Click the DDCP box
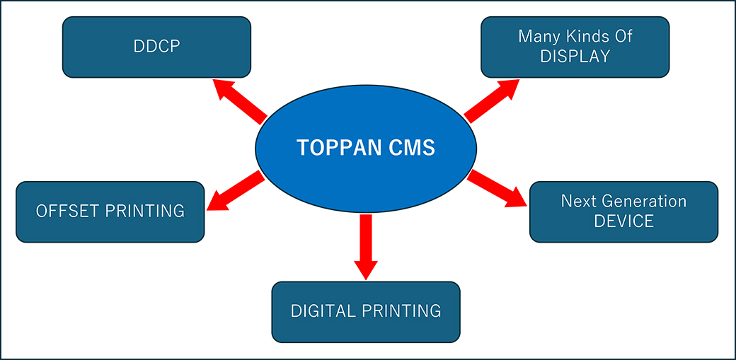pyautogui.click(x=156, y=47)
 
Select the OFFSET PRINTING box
pyautogui.click(x=110, y=211)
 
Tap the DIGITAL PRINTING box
pyautogui.click(x=366, y=311)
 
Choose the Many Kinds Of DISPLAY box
pyautogui.click(x=575, y=47)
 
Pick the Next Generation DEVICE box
pyautogui.click(x=623, y=211)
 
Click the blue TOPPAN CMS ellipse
pyautogui.click(x=366, y=149)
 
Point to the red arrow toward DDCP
pyautogui.click(x=238, y=100)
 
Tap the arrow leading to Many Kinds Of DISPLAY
pyautogui.click(x=492, y=100)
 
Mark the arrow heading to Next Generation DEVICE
pyautogui.click(x=498, y=189)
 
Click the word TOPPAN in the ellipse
pyautogui.click(x=330, y=149)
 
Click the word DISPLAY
pyautogui.click(x=575, y=57)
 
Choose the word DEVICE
pyautogui.click(x=623, y=221)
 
